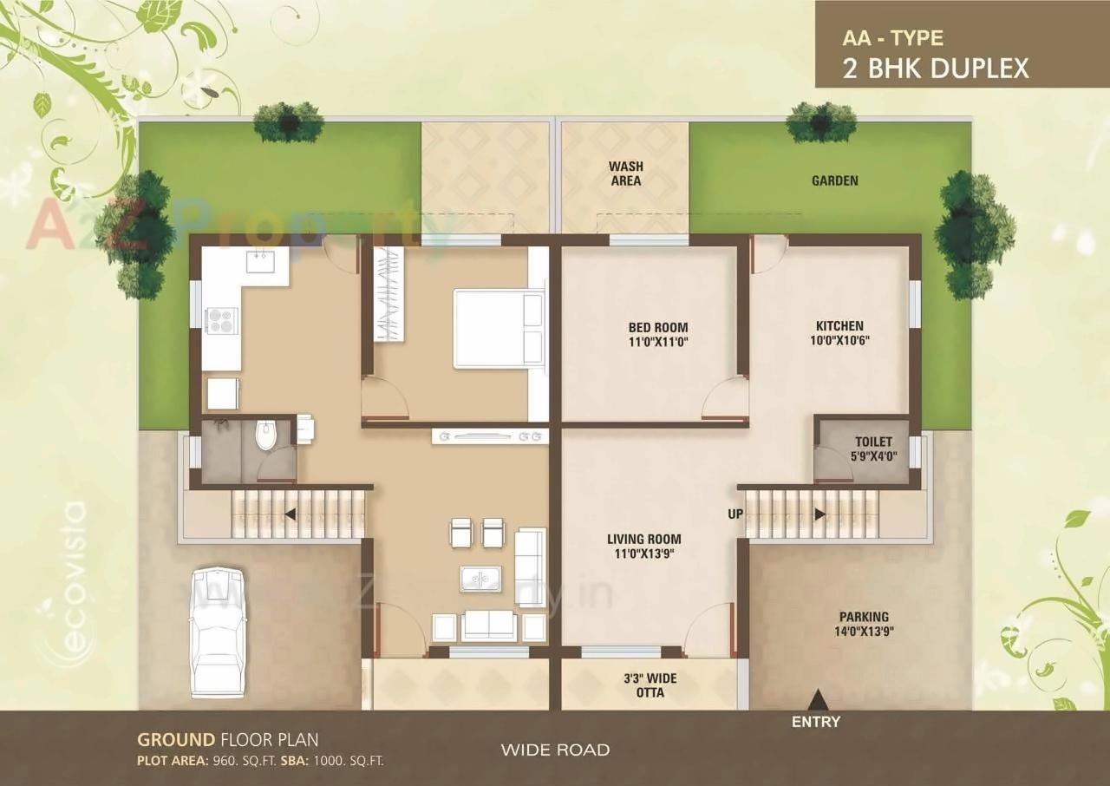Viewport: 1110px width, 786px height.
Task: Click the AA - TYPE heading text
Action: (892, 38)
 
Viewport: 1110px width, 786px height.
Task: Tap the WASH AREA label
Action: (625, 174)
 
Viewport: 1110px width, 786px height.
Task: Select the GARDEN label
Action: (834, 180)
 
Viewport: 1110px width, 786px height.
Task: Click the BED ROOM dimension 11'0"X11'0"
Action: (658, 342)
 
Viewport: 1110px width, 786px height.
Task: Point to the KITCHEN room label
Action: (839, 326)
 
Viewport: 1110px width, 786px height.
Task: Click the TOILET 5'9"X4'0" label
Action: (873, 448)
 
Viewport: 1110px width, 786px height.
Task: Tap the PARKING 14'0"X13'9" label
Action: (863, 625)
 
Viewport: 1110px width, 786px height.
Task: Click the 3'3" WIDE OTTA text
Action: (650, 684)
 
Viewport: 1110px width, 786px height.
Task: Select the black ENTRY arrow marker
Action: (816, 697)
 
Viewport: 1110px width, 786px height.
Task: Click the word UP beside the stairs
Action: (735, 514)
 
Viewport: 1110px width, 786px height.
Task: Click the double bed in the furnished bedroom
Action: (499, 330)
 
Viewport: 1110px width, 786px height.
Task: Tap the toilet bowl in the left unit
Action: (265, 434)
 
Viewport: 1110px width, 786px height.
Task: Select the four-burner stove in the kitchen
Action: (220, 321)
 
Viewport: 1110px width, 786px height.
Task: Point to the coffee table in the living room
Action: (480, 578)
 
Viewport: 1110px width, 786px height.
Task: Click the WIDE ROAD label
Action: (555, 750)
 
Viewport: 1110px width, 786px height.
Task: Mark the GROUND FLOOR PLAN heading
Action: (227, 740)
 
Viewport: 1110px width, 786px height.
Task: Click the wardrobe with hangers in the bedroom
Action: (389, 294)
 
